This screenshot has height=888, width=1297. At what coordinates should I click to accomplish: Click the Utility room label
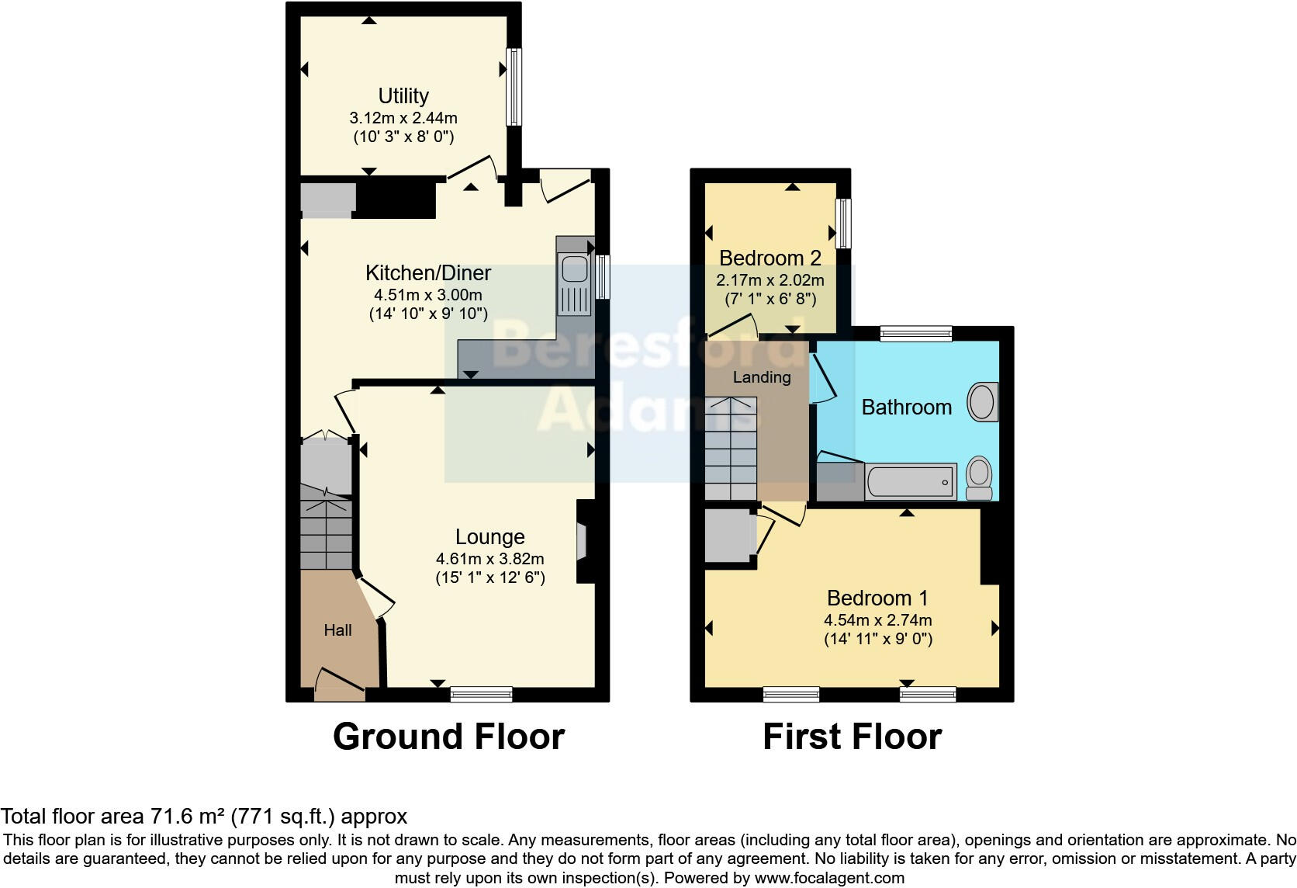tap(403, 95)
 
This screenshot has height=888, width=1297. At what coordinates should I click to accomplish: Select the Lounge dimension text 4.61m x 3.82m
tap(489, 559)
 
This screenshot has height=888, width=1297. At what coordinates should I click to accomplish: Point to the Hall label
tap(337, 630)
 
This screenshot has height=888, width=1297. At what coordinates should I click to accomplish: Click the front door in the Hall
tap(340, 684)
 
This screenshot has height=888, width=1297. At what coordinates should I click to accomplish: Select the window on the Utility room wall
tap(514, 87)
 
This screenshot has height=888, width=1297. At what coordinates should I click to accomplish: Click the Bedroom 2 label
tap(770, 258)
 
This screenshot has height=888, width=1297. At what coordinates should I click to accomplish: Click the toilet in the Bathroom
tap(979, 477)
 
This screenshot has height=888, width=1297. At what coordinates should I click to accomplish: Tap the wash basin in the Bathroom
tap(981, 401)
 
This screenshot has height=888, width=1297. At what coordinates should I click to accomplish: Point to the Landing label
tap(762, 377)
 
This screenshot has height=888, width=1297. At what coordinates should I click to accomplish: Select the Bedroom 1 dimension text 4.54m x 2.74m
tap(877, 620)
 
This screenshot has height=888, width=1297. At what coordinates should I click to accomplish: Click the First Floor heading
tap(852, 736)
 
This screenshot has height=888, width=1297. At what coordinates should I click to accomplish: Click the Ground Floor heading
tap(448, 736)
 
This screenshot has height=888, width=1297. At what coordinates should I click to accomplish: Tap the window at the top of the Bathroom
tap(916, 334)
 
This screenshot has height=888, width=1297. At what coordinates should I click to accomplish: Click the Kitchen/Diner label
tap(427, 273)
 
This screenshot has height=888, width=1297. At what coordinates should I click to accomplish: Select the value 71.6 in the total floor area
tap(169, 817)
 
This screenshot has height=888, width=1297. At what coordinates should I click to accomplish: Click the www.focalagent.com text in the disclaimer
tap(829, 879)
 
